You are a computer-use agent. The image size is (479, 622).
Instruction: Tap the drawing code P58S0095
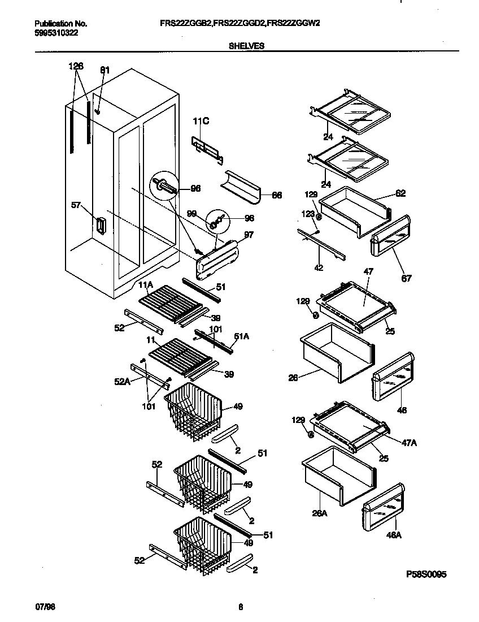pyautogui.click(x=426, y=574)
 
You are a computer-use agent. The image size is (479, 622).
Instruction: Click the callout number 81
pyautogui.click(x=104, y=70)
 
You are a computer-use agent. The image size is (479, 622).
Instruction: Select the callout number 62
pyautogui.click(x=400, y=193)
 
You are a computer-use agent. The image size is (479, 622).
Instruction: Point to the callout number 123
pyautogui.click(x=308, y=214)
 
